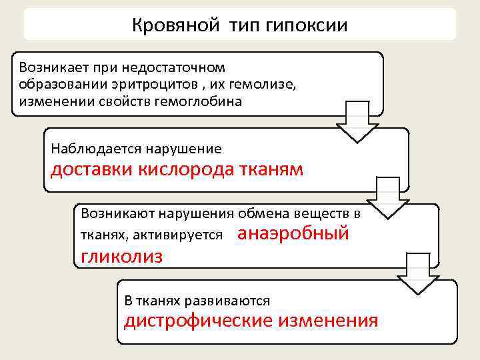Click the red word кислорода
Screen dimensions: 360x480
(184, 169)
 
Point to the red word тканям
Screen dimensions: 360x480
(269, 169)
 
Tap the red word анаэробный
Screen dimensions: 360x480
(293, 234)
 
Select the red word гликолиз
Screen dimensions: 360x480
(121, 257)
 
